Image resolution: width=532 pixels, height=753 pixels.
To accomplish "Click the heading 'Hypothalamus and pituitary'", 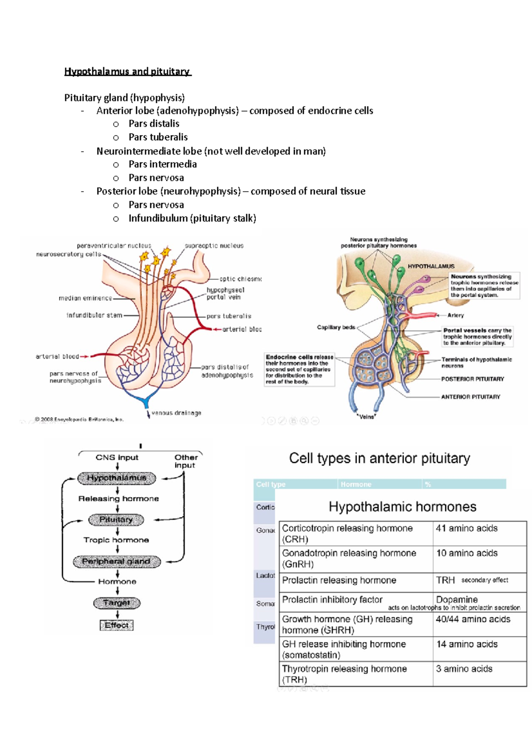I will (127, 71).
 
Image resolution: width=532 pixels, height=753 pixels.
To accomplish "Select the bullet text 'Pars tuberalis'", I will (158, 137).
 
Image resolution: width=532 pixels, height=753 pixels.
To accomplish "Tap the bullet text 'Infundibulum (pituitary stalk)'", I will (192, 218).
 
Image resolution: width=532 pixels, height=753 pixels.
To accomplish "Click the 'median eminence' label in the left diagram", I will (85, 298).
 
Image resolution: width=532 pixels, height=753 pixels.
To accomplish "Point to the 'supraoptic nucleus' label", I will (214, 246).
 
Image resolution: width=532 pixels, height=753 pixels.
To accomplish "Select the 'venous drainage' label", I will (176, 413).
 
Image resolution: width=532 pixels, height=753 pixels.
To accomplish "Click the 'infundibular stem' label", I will (94, 315).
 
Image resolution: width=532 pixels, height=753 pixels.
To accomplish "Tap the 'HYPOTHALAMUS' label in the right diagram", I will (431, 266).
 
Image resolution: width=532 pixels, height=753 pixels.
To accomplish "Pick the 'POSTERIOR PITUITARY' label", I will (472, 379).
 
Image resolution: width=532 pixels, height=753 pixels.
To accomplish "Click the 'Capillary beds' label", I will (336, 327).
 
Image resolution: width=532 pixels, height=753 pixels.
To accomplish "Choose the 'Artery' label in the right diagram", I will (455, 315).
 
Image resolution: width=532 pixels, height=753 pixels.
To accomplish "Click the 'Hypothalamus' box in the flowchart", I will (117, 478).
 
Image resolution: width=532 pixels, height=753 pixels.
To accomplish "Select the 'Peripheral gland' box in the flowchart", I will (116, 561).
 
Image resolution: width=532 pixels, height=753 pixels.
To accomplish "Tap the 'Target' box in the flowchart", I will (117, 603).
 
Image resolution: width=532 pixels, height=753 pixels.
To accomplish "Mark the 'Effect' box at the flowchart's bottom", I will (117, 625).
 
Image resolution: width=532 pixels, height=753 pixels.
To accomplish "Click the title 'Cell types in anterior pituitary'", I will (379, 458).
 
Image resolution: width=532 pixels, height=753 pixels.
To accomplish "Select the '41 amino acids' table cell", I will (466, 528).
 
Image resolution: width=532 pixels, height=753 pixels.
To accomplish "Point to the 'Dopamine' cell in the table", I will (457, 599).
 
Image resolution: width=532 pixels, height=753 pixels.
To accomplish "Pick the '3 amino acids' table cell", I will (464, 669).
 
